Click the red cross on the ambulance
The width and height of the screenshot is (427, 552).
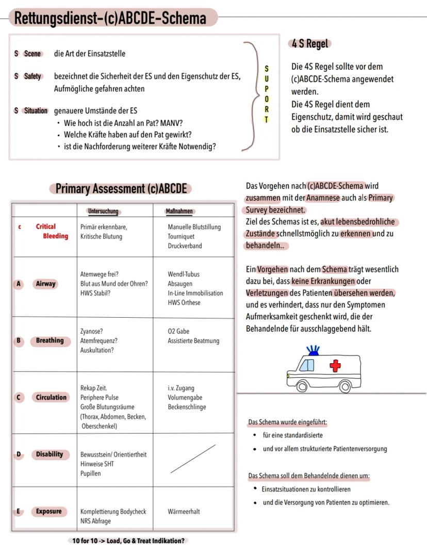(x=335, y=366)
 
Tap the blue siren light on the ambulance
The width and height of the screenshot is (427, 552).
(x=313, y=351)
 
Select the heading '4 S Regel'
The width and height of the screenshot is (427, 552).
(x=309, y=44)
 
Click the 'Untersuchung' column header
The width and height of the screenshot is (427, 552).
(x=103, y=211)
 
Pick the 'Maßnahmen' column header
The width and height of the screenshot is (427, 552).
(x=179, y=211)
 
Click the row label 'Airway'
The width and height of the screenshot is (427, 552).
(x=45, y=284)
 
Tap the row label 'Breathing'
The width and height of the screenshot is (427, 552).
(x=50, y=340)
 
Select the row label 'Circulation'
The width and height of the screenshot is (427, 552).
(x=51, y=397)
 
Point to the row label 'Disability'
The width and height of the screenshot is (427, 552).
(x=49, y=454)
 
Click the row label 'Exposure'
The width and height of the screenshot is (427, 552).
(x=48, y=511)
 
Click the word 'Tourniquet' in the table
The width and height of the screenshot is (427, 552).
(x=181, y=236)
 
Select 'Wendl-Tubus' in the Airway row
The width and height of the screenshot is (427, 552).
(x=184, y=274)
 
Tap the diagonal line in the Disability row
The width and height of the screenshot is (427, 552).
(x=193, y=458)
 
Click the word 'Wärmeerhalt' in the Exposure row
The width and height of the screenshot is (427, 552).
(x=184, y=512)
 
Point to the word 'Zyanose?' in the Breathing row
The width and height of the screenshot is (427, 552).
(x=91, y=331)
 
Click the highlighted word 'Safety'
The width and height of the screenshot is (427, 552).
(x=32, y=76)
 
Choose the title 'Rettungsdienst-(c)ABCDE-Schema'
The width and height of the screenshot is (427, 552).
(x=110, y=19)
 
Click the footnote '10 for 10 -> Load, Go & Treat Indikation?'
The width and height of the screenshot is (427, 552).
(x=128, y=541)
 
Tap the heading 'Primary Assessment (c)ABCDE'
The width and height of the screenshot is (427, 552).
(x=121, y=189)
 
